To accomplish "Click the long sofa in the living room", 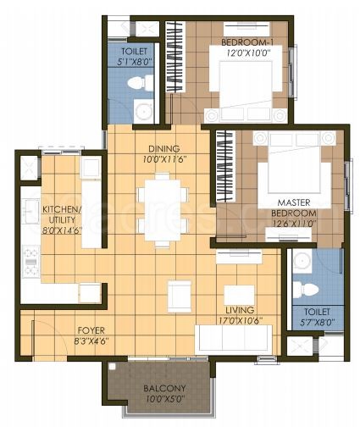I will pos(233,340).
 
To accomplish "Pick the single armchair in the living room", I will pos(179,294).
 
